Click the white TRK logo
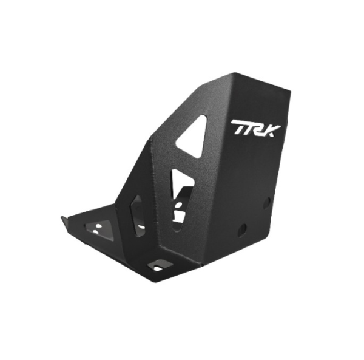click(x=255, y=128)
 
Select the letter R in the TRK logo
click(x=257, y=128)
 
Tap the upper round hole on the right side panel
click(x=267, y=203)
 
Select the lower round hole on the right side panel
click(x=242, y=230)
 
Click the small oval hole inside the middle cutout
click(x=179, y=205)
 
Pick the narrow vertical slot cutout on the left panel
click(x=138, y=216)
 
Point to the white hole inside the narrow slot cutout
click(x=141, y=226)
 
